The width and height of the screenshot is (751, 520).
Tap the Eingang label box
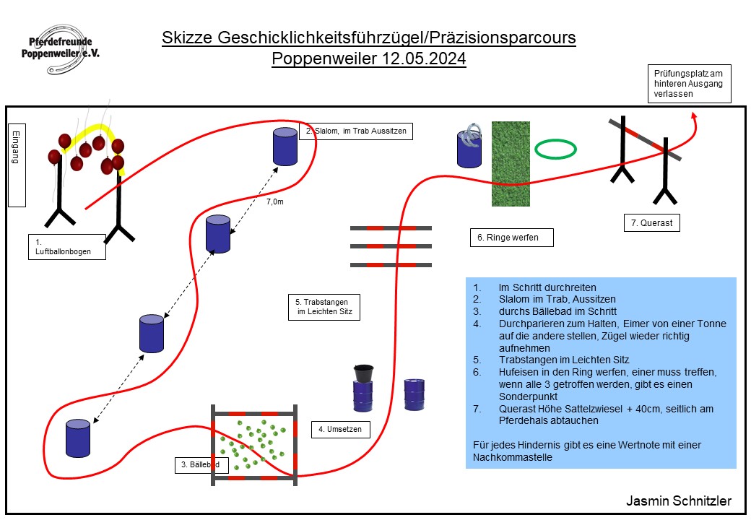pyautogui.click(x=17, y=165)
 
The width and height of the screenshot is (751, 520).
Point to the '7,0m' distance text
pyautogui.click(x=275, y=202)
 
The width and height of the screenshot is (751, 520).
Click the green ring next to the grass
pyautogui.click(x=556, y=149)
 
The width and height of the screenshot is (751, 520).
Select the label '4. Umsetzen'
pyautogui.click(x=340, y=430)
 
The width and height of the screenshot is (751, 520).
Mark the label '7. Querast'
pyautogui.click(x=651, y=223)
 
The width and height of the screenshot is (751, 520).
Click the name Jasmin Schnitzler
pyautogui.click(x=678, y=501)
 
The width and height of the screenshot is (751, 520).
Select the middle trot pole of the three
pyautogui.click(x=391, y=246)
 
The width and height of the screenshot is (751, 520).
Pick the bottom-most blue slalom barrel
pyautogui.click(x=78, y=438)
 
